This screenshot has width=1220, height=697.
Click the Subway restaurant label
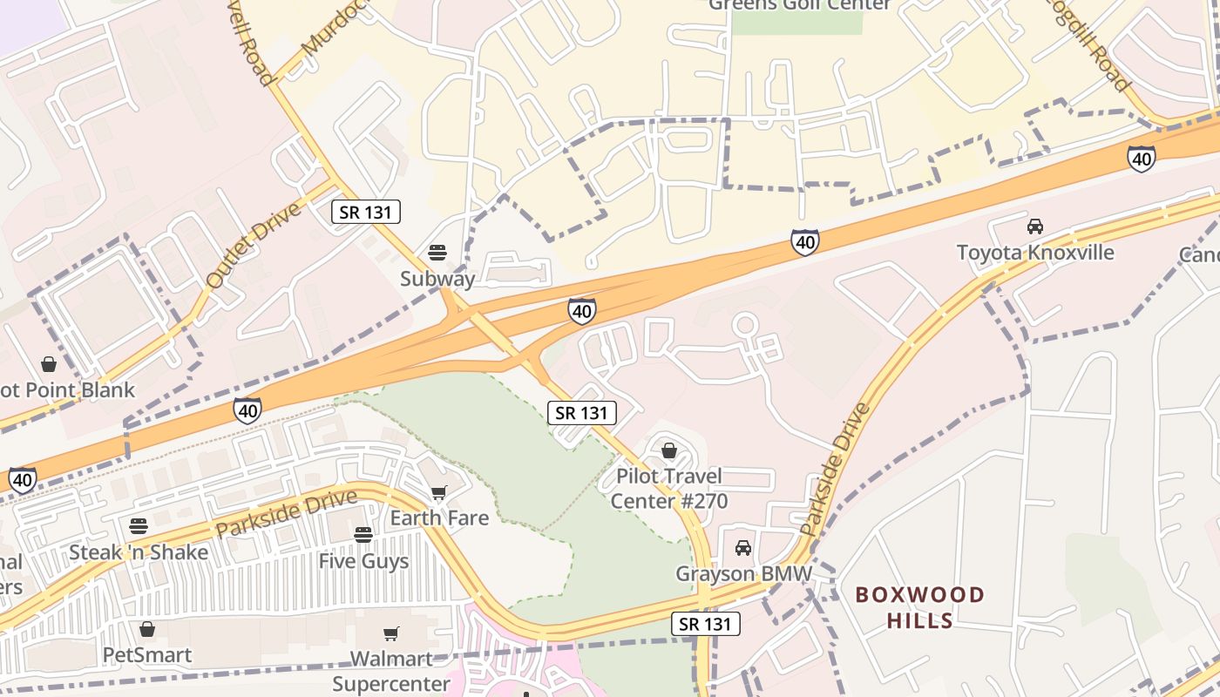click(x=437, y=279)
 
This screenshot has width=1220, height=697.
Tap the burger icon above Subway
click(x=437, y=253)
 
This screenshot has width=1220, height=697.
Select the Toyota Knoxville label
click(x=1035, y=253)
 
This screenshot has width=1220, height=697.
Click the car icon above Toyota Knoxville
click(x=1035, y=227)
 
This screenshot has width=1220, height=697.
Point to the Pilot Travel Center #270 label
click(x=668, y=489)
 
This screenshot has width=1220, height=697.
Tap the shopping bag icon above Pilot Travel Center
click(x=669, y=450)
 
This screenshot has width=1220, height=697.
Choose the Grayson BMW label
click(x=743, y=574)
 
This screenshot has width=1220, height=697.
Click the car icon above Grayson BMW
click(x=743, y=548)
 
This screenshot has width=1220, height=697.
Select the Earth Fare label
click(x=439, y=518)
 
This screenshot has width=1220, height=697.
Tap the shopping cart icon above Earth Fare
click(x=439, y=493)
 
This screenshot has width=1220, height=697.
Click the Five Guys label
click(x=363, y=561)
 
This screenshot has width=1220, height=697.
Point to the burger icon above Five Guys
click(x=363, y=534)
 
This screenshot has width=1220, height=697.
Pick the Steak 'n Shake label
click(x=139, y=552)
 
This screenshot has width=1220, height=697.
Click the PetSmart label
click(x=147, y=654)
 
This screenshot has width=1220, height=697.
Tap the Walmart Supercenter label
click(x=391, y=671)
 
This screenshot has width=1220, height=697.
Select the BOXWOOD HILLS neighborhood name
click(x=920, y=607)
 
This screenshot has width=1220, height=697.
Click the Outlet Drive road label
click(x=254, y=245)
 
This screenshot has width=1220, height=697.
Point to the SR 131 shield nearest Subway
click(x=366, y=212)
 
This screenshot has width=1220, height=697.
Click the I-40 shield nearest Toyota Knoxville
click(x=1141, y=159)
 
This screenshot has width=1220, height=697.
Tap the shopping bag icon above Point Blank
click(x=49, y=364)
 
